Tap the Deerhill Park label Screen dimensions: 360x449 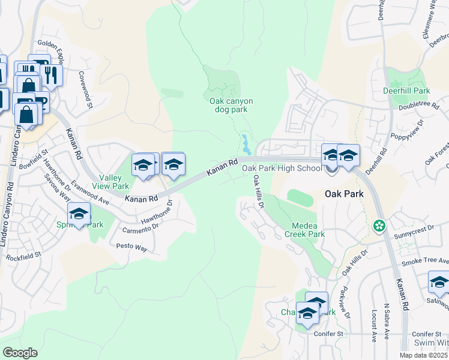click(406, 91)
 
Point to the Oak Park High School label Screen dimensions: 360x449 click(282, 168)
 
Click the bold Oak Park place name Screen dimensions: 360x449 click(345, 194)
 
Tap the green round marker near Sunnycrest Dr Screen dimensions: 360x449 click(379, 227)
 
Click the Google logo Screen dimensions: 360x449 click(20, 353)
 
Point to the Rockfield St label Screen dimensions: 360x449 click(23, 256)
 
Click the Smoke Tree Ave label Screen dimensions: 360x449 click(425, 262)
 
